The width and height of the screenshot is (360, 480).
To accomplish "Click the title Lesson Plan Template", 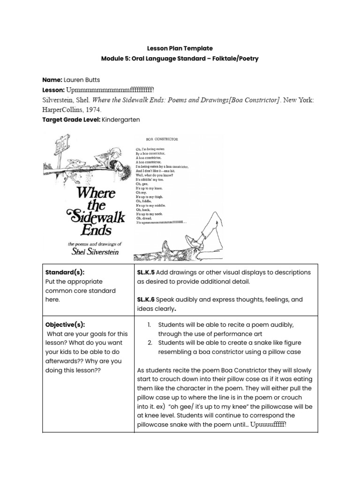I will (180, 48).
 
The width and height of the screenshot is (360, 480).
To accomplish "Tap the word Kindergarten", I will (120, 120).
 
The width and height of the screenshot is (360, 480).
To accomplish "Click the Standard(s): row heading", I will (65, 272).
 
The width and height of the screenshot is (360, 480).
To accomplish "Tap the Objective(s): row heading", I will (65, 324).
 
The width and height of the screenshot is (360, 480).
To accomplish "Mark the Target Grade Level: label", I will (71, 120).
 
